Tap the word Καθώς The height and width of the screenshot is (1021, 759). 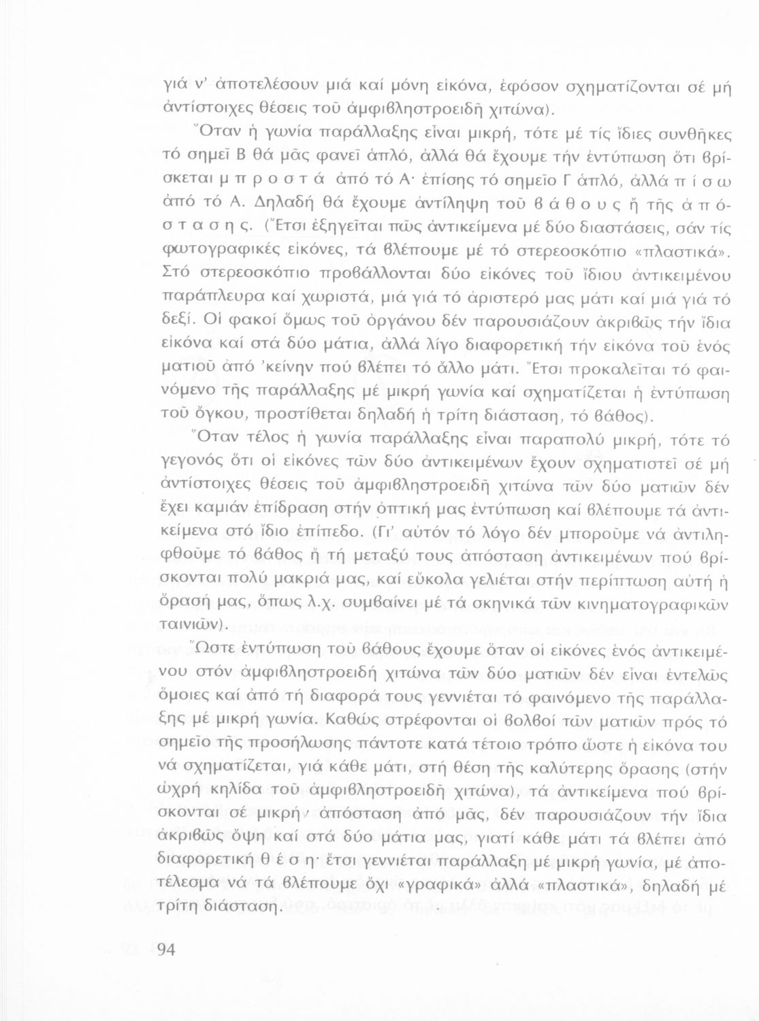tap(355, 719)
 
